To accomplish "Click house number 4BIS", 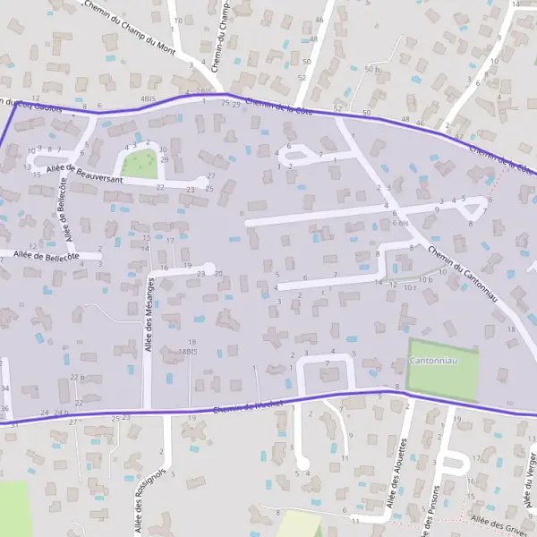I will (148, 99).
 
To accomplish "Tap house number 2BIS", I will (205, 91).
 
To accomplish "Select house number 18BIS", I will (186, 352).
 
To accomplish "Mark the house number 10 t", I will (408, 288).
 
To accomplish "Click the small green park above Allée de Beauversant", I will (137, 164).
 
